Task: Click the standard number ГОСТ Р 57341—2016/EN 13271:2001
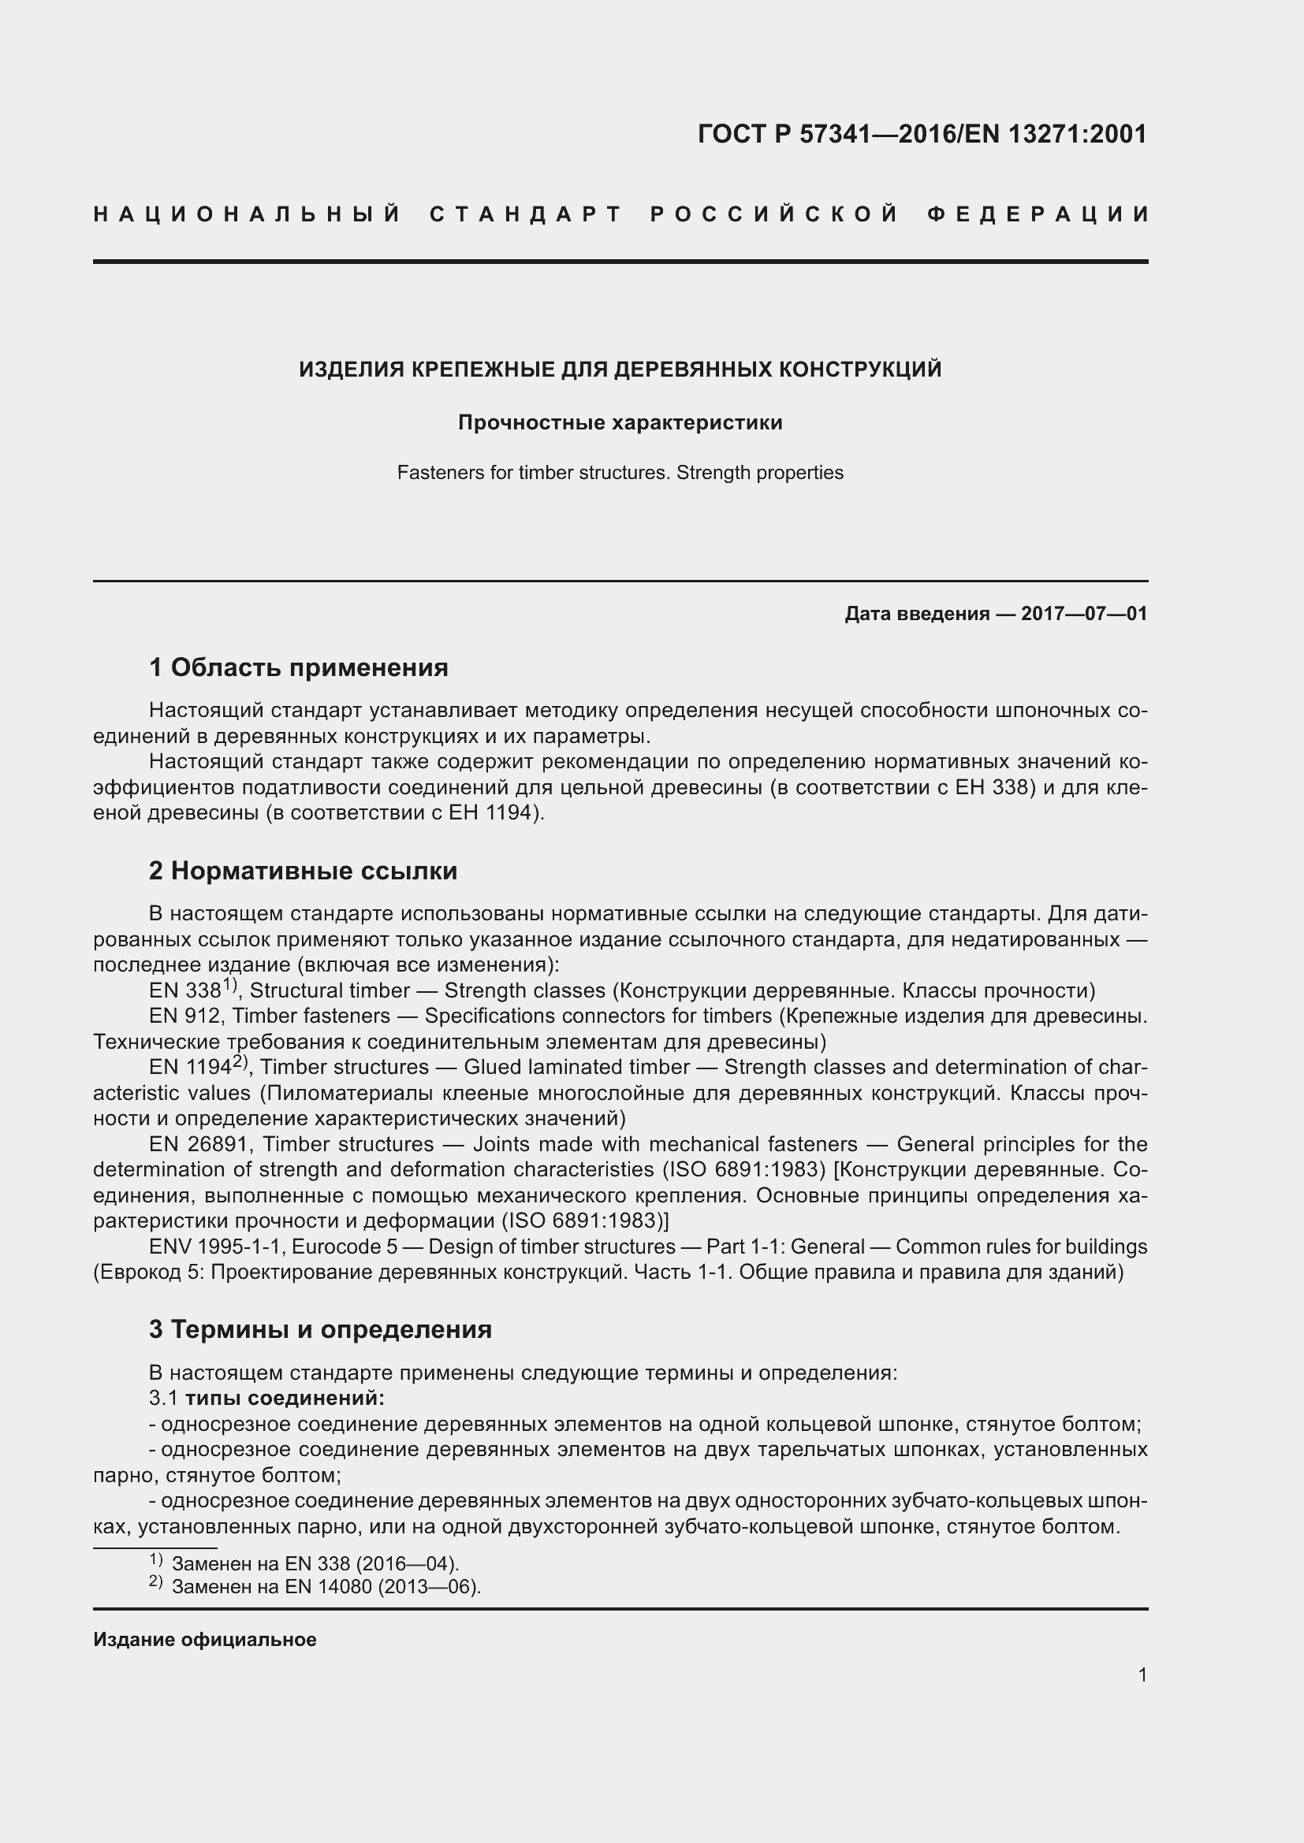pos(922,134)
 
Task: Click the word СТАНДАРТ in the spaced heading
pos(526,214)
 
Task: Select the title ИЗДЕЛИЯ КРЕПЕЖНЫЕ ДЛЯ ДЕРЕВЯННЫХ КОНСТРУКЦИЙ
pos(620,370)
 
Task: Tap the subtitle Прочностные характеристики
pos(620,422)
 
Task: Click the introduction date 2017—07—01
pos(1084,614)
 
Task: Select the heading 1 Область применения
pos(298,667)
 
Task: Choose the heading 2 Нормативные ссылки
pos(303,871)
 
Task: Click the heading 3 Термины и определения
pos(319,1329)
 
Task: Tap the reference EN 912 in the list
pos(184,1016)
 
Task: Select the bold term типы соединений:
pos(285,1399)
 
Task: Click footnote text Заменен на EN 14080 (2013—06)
pos(326,1587)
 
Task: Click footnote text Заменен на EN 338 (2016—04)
pos(315,1563)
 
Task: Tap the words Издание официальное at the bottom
pos(205,1640)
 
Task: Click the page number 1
pos(1142,1675)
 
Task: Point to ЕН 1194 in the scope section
pos(490,812)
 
